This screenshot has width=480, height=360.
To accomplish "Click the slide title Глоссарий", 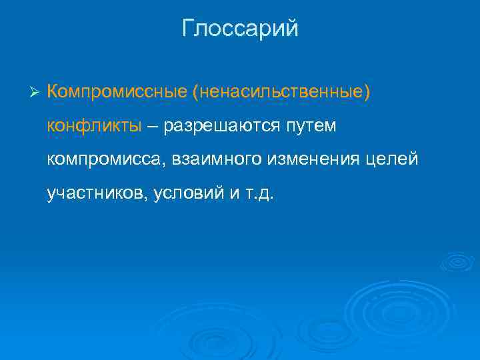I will click(240, 29).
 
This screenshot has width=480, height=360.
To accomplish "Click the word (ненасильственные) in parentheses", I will click(280, 90).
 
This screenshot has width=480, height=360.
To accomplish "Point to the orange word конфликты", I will click(94, 125).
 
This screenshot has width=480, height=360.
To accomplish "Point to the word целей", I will click(394, 159).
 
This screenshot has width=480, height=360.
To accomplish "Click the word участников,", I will click(97, 193).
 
